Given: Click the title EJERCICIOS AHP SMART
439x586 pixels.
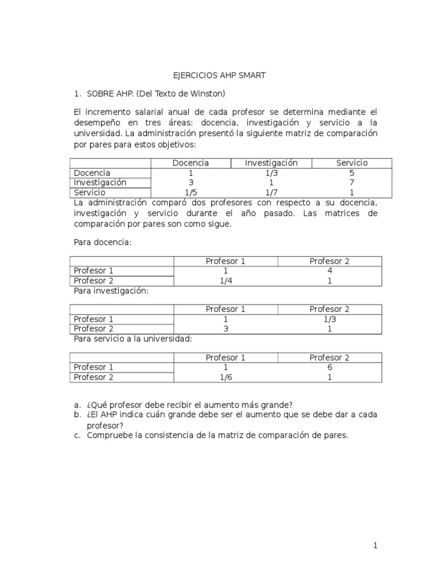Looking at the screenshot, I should point(219,76).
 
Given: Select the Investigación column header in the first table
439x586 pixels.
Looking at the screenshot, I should point(272,163).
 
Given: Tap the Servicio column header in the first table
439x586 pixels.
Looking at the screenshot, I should point(352,163).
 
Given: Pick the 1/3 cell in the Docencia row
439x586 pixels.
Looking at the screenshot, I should point(272,173).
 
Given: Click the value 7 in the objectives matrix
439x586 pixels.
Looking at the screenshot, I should point(352,183).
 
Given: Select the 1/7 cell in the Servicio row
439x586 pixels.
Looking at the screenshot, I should point(272,193).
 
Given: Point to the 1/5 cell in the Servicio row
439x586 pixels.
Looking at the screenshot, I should point(190,193).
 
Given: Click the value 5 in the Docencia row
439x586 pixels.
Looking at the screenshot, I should point(352,173).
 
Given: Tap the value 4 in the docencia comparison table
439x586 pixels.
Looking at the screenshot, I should point(329,271).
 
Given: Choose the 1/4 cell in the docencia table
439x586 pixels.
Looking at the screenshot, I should point(225,281).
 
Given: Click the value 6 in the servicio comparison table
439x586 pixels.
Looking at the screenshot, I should point(329,367).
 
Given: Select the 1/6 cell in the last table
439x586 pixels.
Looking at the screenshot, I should point(225,378).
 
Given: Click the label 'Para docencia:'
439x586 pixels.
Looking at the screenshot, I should point(103,243).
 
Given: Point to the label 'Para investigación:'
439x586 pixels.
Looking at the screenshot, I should point(111,291).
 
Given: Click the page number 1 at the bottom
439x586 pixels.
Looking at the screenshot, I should point(376,546).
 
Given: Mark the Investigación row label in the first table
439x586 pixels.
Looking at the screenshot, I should point(101,183).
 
